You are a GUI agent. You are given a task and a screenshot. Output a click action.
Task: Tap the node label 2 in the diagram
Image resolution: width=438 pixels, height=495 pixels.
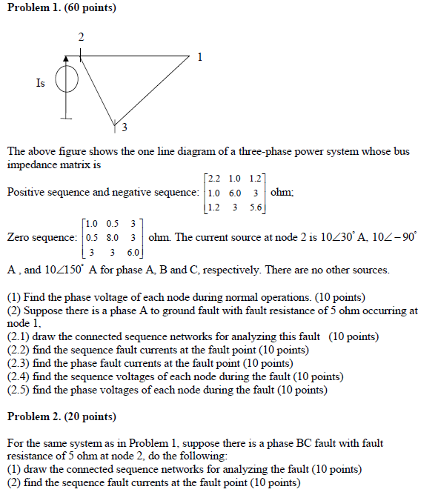pos(81,37)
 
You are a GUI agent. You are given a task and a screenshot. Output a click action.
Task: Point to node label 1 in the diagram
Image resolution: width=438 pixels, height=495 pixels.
pos(199,56)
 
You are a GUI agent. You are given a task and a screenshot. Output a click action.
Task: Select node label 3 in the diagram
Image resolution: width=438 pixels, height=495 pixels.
pos(125,126)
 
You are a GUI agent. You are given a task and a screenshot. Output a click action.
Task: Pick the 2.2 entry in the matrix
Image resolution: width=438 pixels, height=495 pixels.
pos(214,179)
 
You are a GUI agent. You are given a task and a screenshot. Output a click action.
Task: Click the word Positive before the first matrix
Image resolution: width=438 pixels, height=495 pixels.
pos(27,193)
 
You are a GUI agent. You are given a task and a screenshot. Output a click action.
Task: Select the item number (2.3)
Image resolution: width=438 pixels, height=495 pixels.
pos(19,362)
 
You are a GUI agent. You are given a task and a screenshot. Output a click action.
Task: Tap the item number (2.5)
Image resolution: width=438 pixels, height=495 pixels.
pos(19,389)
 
